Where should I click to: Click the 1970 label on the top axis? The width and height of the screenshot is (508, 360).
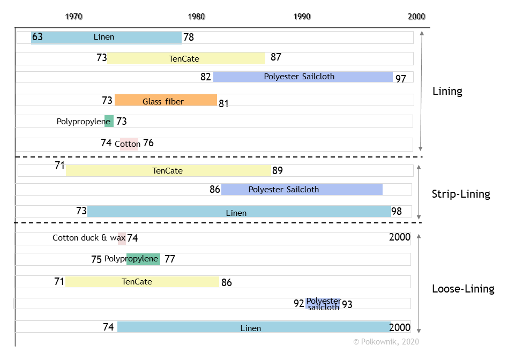(74, 17)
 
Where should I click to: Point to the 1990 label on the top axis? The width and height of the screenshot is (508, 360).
(302, 17)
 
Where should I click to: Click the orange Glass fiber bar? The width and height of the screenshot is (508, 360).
(166, 100)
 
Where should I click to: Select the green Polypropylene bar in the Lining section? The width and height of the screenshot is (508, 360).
(109, 121)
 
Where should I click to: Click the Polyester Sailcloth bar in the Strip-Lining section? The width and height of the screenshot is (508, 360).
(302, 189)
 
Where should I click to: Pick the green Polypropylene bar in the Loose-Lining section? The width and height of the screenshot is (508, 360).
(143, 259)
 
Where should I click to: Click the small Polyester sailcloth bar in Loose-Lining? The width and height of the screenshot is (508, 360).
(323, 304)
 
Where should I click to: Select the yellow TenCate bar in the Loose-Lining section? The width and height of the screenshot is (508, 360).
(142, 281)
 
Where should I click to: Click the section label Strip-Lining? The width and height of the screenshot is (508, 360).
(461, 194)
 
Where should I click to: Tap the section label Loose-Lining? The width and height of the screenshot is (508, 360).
(463, 289)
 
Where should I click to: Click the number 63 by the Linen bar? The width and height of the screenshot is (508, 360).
(37, 37)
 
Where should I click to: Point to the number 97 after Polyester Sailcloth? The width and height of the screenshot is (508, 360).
(401, 79)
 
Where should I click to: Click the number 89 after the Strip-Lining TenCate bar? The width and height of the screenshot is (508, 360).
(277, 171)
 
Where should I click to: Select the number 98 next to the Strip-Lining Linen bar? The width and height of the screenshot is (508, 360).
(397, 211)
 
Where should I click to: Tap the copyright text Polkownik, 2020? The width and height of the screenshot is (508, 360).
(386, 341)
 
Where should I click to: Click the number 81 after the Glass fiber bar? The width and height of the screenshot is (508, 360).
(223, 103)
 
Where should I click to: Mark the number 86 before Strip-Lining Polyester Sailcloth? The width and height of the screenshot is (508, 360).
(215, 189)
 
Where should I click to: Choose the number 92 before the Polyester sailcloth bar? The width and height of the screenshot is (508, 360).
(299, 303)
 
